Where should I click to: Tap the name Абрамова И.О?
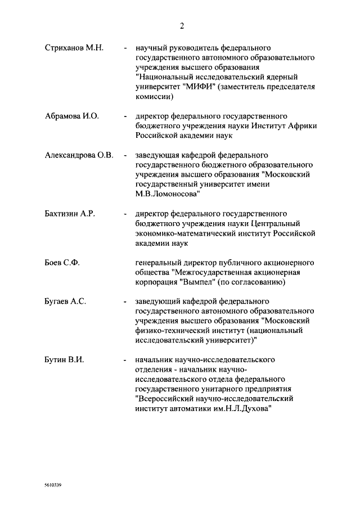71,116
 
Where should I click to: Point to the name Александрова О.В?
79,155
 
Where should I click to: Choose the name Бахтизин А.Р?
72,214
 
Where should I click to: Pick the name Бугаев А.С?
65,302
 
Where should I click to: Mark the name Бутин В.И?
64,360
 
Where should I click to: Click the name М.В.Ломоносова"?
168,194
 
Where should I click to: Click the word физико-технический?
172,331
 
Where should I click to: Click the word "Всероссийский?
163,399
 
